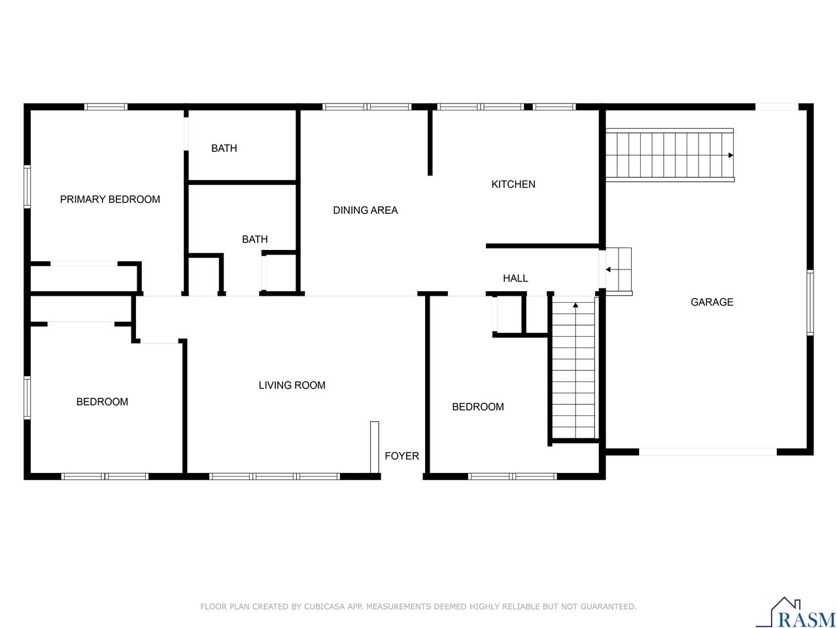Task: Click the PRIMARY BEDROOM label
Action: pos(110,200)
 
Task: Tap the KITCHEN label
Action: pos(513,184)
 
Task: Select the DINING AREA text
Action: pos(366,210)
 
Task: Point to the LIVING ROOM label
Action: pos(292,385)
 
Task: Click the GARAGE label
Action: pos(712,302)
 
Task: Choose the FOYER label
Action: pos(401,456)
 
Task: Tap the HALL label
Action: pos(515,279)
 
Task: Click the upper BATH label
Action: pos(224,148)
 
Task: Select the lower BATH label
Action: pos(254,239)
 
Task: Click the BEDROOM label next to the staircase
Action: pos(478,407)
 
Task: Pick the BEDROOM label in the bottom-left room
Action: pos(102,402)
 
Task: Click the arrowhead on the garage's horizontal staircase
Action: pos(730,155)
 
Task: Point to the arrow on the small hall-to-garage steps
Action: pos(609,270)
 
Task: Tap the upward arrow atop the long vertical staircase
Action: pos(575,304)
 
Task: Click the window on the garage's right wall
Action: pos(810,303)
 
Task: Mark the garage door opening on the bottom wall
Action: pos(708,451)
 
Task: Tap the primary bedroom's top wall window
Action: pos(106,107)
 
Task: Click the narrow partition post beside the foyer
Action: pos(375,447)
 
